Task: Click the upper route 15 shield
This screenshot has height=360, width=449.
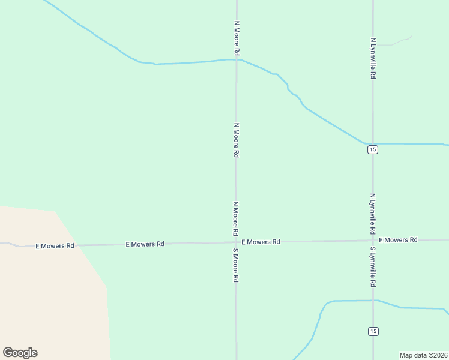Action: click(373, 149)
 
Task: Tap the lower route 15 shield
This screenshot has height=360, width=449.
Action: click(373, 331)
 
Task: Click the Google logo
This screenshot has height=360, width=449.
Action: click(20, 353)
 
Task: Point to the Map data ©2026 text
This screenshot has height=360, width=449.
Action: click(423, 355)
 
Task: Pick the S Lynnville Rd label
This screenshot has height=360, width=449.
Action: click(373, 266)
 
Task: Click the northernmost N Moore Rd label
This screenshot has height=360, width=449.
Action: click(237, 39)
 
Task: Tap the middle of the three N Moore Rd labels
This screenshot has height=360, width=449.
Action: click(237, 140)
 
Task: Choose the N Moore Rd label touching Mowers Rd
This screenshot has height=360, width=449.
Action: click(236, 218)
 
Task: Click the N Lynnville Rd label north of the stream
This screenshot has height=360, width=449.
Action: click(373, 59)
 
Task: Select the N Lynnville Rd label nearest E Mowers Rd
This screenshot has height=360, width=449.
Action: click(373, 214)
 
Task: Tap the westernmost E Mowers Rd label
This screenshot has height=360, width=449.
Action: click(55, 246)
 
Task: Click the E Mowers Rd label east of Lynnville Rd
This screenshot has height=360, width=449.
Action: click(398, 240)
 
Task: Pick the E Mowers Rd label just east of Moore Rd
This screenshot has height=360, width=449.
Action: click(261, 242)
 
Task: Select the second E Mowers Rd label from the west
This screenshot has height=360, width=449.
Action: click(145, 244)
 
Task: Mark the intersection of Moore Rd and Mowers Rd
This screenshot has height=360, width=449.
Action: click(236, 243)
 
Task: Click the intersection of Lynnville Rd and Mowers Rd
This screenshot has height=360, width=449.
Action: click(373, 241)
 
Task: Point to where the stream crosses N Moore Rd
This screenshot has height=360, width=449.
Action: click(236, 59)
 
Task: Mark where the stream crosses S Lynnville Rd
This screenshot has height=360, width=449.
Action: click(373, 300)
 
